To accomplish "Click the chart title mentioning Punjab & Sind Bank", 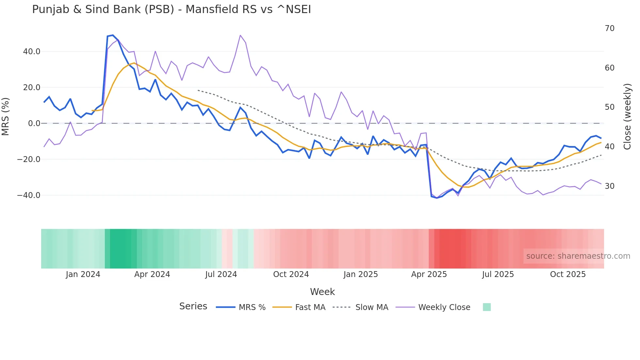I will point(171,9).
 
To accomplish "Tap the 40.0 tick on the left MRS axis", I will point(32,52).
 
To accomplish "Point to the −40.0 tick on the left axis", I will point(29,195).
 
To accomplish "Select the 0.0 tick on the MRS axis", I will point(34,123).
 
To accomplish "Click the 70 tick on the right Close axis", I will point(609,28).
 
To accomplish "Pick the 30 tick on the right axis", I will point(609,186).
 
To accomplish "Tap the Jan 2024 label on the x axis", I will point(83,274).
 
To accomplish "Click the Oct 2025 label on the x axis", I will point(568,274).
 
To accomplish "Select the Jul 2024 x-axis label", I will point(221,274).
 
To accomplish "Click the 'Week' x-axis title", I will point(322,292).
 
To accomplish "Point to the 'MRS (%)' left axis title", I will point(6,117).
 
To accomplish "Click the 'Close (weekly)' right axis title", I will point(627,117).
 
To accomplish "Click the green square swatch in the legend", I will point(487,307).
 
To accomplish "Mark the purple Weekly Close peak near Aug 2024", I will point(240,35).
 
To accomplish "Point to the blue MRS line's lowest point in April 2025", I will point(437,198).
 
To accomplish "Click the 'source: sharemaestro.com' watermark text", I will point(578,256).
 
